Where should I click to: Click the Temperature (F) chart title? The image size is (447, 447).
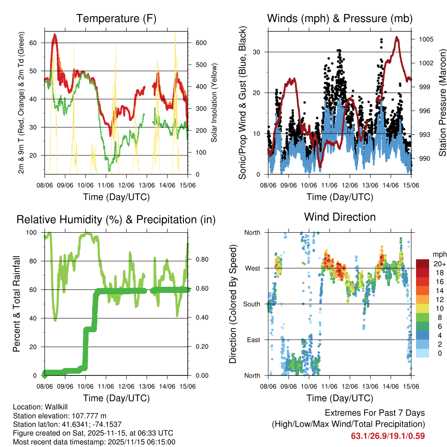coord(116,18)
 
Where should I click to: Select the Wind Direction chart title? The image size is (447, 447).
coord(340,217)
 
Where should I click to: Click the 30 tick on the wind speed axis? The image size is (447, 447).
coord(256,52)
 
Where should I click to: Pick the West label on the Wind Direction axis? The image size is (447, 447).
coord(252,268)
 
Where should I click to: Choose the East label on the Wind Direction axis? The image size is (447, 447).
coord(253,340)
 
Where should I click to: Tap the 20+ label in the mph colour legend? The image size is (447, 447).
coord(438,264)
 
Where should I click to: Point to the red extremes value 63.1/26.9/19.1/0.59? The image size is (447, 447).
coord(388,436)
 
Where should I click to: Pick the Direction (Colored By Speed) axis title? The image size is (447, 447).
coord(233,304)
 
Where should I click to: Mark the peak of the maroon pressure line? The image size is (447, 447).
coord(396,37)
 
